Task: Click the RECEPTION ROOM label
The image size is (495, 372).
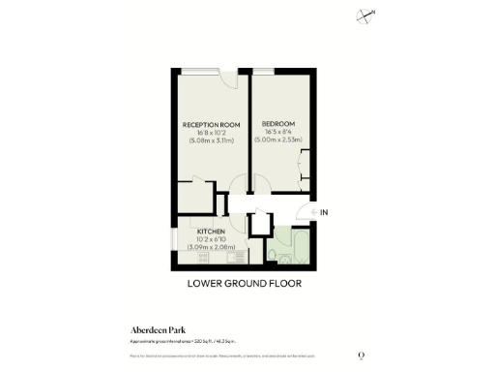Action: [x=212, y=125]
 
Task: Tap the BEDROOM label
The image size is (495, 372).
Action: [x=278, y=124]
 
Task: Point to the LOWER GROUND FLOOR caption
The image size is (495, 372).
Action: [x=245, y=284]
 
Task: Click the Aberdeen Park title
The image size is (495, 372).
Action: [x=156, y=328]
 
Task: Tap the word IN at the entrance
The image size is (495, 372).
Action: [x=325, y=212]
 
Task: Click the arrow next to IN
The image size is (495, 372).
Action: [x=312, y=212]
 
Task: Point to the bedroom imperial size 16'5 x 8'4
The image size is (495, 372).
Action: [x=278, y=133]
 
